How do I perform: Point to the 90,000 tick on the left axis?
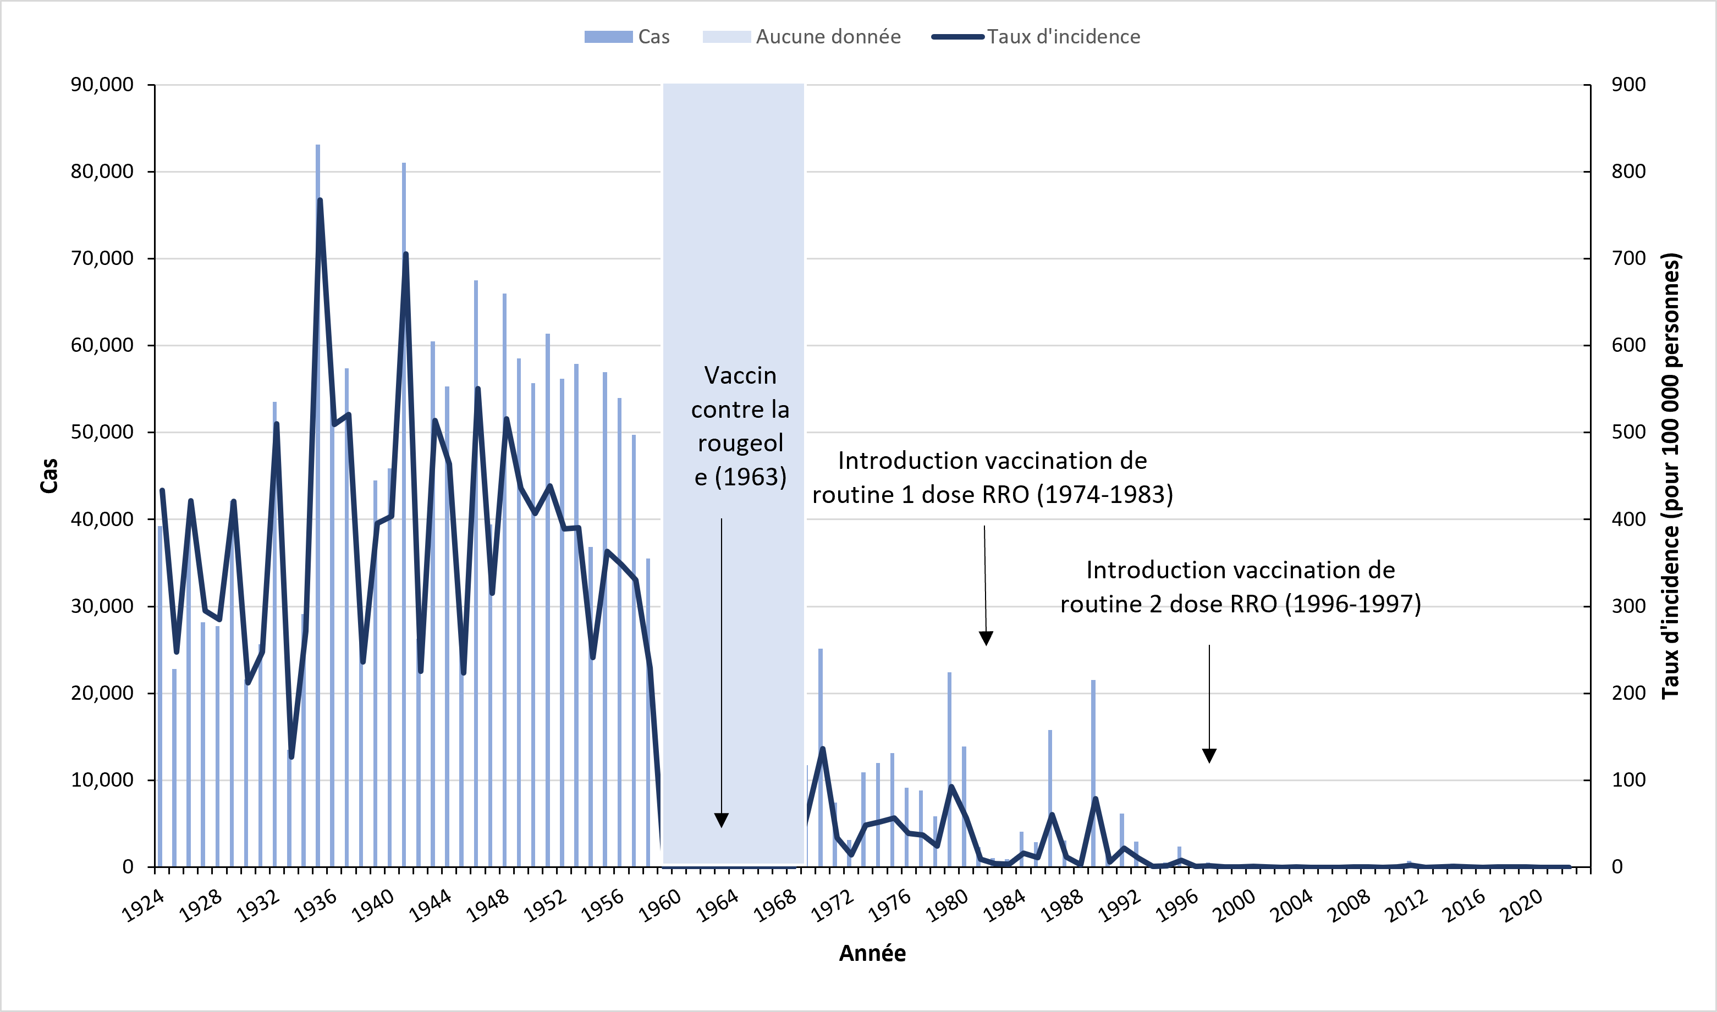pos(102,85)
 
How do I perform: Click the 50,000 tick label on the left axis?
pos(102,433)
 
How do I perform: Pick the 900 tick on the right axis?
pos(1628,85)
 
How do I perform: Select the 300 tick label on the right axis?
pos(1628,606)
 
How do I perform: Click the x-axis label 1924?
pos(143,906)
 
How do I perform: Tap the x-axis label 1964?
pos(718,906)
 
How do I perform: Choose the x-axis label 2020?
pos(1522,906)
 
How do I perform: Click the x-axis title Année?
pos(872,953)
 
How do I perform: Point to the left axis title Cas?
pos(49,475)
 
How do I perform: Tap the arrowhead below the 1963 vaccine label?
pos(721,820)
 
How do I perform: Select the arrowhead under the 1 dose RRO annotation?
pos(986,638)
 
